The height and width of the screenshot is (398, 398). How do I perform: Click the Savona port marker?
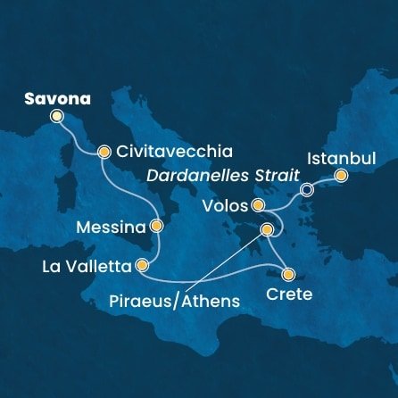[x=58, y=116]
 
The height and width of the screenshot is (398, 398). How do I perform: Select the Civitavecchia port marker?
[x=104, y=152]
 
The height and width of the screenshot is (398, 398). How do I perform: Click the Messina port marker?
[x=157, y=227]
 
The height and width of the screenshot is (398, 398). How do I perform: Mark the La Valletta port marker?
[x=142, y=265]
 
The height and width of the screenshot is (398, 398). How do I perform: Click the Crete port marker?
[x=289, y=275]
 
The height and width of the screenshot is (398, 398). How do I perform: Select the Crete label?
[x=290, y=294]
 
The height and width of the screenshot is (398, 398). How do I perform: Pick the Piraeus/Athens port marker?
[x=265, y=230]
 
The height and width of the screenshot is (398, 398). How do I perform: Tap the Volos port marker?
[x=258, y=206]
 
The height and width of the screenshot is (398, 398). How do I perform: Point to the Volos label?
[x=228, y=206]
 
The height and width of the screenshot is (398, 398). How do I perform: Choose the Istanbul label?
[x=336, y=158]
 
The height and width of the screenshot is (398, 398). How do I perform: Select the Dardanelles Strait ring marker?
[x=307, y=189]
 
